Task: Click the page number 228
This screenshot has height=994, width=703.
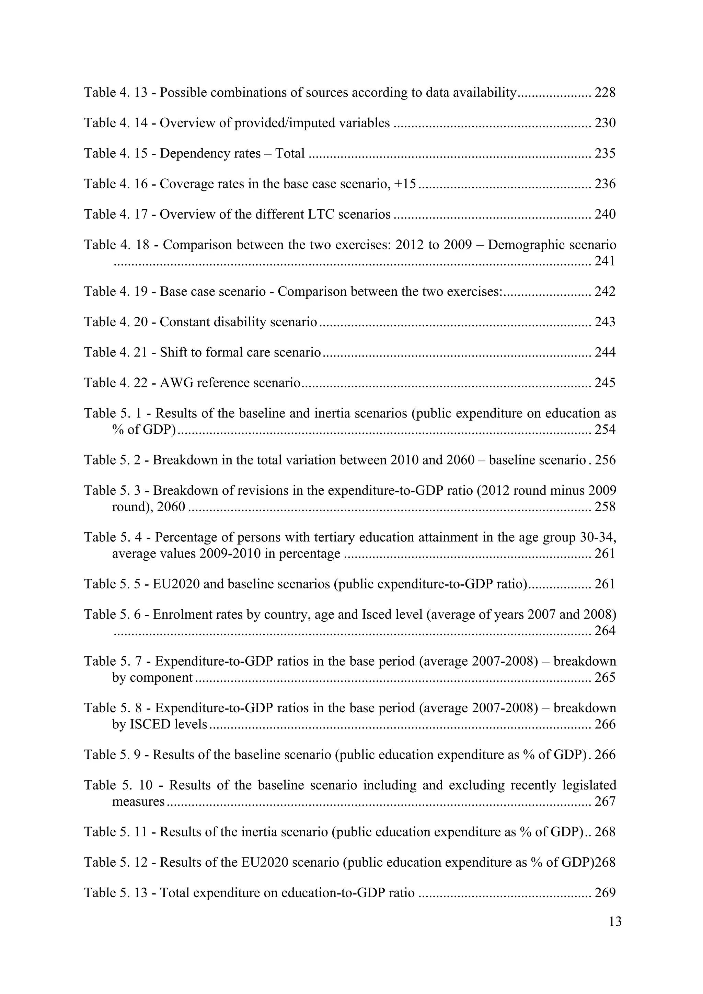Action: click(605, 93)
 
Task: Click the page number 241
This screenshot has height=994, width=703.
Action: click(605, 261)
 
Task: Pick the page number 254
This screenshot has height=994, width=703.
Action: click(605, 430)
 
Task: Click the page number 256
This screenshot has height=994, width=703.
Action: click(605, 460)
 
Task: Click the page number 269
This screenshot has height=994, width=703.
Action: click(605, 893)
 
